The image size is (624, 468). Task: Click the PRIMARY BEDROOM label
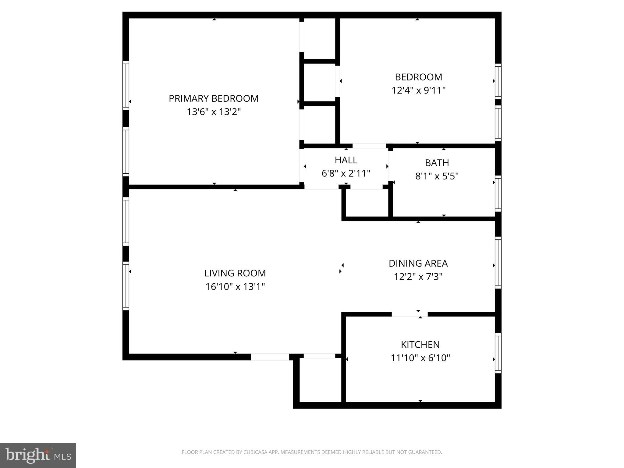214,98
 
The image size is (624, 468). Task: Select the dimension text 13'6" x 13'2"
214,112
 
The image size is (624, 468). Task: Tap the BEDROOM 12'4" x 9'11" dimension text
418,90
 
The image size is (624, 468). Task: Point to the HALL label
346,160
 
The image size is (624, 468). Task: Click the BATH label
437,163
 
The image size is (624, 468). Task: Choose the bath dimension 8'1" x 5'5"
437,176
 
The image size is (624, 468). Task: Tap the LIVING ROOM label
235,273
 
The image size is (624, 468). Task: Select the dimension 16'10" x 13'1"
235,287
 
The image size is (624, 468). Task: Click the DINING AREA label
418,263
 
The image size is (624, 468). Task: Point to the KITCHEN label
420,345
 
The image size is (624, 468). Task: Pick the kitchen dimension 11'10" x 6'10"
420,358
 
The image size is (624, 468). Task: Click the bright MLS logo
38,455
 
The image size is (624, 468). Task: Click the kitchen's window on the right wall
498,353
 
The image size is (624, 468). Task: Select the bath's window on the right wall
498,193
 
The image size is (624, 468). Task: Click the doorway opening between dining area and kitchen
409,314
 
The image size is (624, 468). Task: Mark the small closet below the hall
367,203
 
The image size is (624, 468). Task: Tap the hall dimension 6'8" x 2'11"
346,173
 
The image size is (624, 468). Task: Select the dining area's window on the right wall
498,263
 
